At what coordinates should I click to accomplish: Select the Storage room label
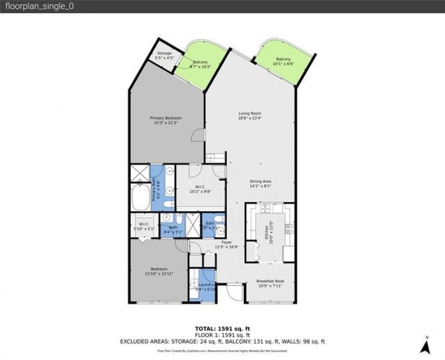164,55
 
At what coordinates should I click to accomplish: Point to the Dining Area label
260,184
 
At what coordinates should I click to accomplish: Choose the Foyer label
227,244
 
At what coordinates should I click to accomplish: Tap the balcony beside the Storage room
199,65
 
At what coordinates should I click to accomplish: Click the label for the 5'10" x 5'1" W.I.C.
144,226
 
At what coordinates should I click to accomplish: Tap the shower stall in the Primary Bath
139,173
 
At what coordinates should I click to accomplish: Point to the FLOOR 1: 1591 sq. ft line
222,334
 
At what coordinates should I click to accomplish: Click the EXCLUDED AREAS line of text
222,341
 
